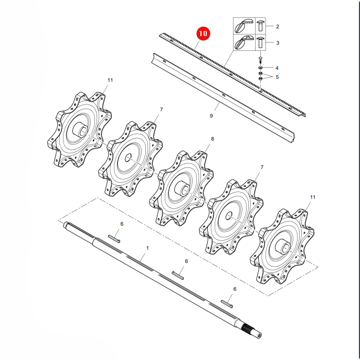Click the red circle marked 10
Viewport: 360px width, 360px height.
pos(203,34)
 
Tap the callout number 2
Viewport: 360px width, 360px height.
pos(277,27)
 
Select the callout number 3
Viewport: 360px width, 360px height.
pos(278,43)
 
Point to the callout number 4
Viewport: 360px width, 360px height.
pos(277,68)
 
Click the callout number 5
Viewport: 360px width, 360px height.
pos(277,77)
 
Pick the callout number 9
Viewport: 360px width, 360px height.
pos(211,116)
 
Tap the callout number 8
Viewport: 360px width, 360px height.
pos(213,139)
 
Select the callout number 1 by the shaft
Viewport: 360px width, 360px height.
pos(147,248)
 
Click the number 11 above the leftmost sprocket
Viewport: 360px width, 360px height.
pos(110,80)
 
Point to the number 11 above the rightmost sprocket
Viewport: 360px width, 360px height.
pos(313,197)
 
